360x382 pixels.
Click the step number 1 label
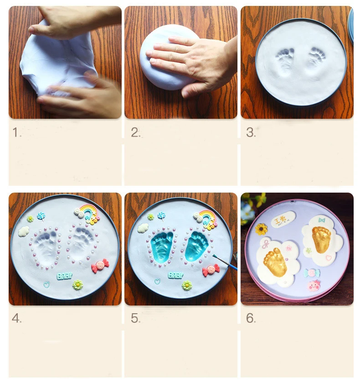click(16, 132)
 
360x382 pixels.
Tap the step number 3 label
click(250, 132)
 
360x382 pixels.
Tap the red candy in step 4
click(100, 266)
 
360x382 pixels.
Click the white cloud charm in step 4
click(24, 231)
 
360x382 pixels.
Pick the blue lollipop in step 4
click(41, 216)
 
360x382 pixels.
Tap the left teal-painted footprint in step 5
click(163, 246)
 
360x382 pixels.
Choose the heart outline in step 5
click(157, 281)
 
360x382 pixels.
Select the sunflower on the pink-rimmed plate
click(261, 229)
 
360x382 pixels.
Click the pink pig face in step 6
click(314, 285)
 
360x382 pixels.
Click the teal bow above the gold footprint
click(321, 220)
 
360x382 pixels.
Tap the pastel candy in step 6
click(312, 273)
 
